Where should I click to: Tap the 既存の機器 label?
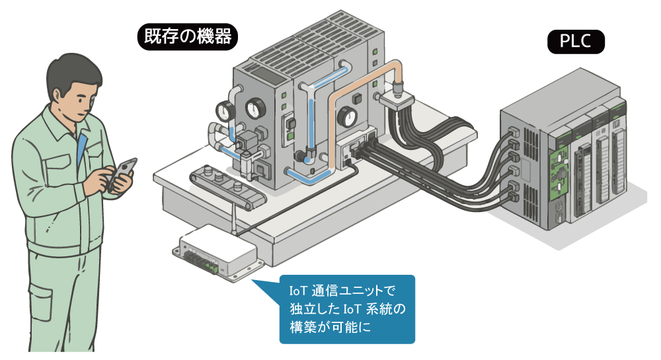(185, 36)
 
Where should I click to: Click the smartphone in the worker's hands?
(122, 173)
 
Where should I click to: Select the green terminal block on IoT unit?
(211, 268)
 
